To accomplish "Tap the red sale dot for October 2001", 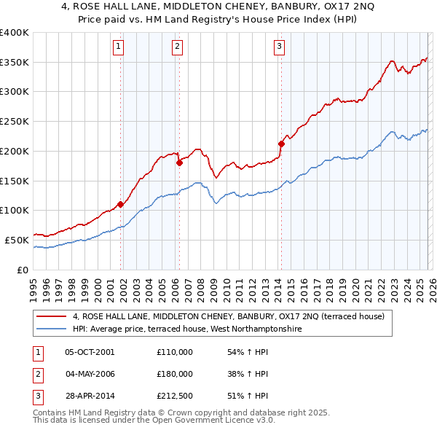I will tap(120, 204).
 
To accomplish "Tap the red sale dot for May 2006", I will tap(179, 163).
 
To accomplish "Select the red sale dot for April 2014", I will tap(281, 144).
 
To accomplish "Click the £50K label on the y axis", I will tap(17, 239).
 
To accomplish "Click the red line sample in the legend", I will tap(52, 316).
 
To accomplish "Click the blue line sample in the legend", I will tap(52, 329).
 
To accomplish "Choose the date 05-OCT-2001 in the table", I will tap(90, 352).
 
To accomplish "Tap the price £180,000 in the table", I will tap(175, 374).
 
